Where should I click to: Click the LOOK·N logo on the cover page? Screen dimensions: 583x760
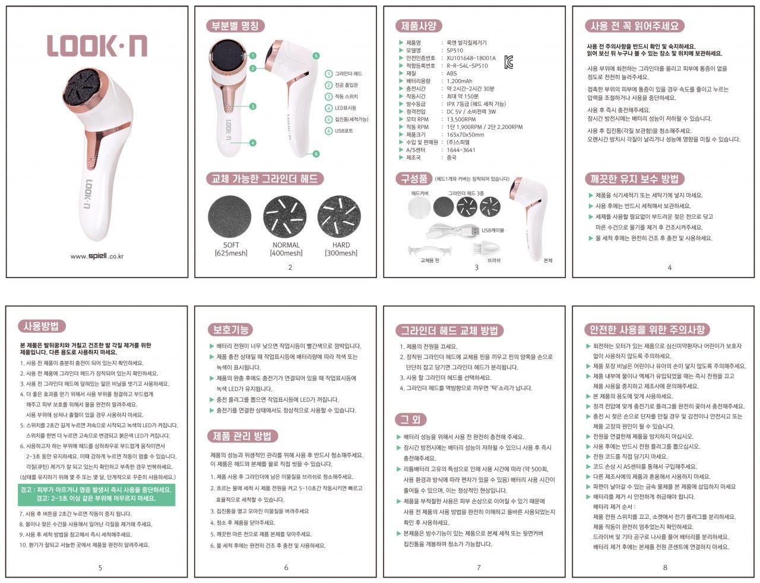coord(97,46)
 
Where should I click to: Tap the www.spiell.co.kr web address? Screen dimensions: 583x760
coord(97,256)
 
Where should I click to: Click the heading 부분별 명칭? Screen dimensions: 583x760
coord(235,26)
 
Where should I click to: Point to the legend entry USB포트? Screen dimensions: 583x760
coord(343,131)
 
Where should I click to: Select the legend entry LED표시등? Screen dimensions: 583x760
coord(345,108)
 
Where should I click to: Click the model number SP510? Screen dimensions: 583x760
coord(455,51)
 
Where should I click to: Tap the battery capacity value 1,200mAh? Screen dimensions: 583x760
coord(460,81)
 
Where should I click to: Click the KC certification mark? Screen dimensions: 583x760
coord(508,62)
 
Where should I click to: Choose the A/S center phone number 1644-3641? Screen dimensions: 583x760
coord(461,150)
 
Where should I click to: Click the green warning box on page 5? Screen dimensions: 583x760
coord(97,494)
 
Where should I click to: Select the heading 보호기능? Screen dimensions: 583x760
coord(230,330)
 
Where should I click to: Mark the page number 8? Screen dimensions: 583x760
coord(665,568)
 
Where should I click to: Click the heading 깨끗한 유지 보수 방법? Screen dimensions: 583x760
coord(635,179)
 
